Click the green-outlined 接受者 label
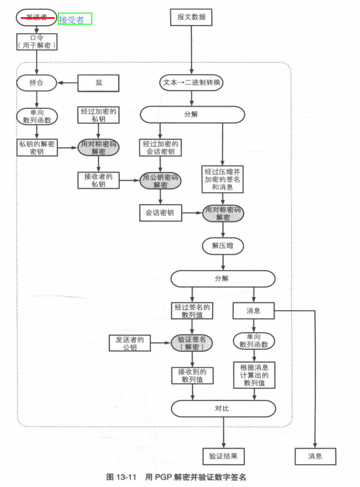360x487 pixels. pos(75,19)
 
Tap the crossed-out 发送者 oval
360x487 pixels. pos(37,17)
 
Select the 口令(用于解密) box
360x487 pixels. pos(37,41)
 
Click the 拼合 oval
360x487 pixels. pos(37,83)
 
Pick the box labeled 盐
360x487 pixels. pos(99,83)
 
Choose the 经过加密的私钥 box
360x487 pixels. pos(99,115)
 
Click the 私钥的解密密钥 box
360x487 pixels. pos(37,147)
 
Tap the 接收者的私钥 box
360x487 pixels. pos(99,180)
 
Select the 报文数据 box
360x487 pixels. pos(191,17)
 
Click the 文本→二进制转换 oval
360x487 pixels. pos(191,83)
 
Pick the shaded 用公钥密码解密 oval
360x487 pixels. pos(161,181)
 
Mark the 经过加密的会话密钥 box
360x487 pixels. pos(161,147)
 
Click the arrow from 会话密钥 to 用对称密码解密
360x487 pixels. pos(192,213)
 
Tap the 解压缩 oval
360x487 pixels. pos(223,246)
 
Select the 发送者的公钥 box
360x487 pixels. pos(130,343)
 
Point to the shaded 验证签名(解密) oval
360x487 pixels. pos(191,343)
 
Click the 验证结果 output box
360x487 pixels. pos(223,456)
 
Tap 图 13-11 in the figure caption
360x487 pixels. pos(121,477)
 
